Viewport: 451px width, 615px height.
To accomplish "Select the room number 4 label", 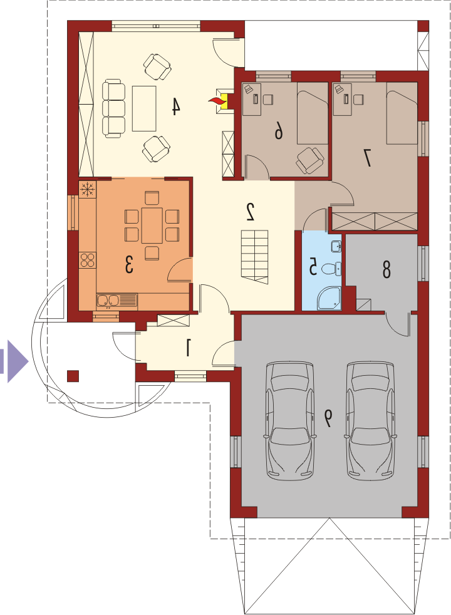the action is coord(175,106).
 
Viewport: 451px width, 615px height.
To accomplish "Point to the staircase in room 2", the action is coord(254,257).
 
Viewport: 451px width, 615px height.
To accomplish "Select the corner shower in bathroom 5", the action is coord(329,298).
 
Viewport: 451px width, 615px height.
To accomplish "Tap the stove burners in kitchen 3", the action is coord(87,260).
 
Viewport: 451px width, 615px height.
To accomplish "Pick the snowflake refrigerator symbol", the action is coord(88,189).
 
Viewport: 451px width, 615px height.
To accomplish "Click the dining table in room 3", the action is coord(152,225).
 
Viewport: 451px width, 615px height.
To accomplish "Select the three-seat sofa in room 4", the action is coord(113,108).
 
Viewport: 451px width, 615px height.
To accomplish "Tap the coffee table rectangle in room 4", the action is coord(144,108).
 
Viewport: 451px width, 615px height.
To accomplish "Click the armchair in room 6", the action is coord(311,160).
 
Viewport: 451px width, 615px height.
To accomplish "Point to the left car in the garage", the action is coord(290,419).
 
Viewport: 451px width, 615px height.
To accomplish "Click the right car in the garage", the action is coord(370,419).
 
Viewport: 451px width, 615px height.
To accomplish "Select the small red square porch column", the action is coord(73,376).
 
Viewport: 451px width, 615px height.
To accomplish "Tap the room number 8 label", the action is coord(386,270).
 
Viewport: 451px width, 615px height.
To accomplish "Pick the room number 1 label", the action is coord(189,348).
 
